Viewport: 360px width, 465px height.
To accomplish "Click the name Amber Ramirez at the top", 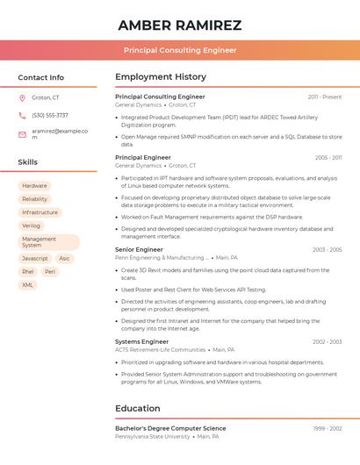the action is click(x=179, y=25).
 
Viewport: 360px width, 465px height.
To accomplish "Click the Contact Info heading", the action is click(x=40, y=77).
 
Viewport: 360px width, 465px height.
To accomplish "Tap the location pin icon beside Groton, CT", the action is click(x=22, y=97).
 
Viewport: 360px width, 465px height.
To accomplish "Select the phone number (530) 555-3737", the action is click(x=49, y=115).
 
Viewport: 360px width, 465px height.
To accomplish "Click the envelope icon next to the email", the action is click(x=22, y=134).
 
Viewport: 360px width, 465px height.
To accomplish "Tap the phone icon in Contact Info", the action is click(x=22, y=115).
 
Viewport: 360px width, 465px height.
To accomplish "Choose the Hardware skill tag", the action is click(x=34, y=186).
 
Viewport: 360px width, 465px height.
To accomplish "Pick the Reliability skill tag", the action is click(x=35, y=199).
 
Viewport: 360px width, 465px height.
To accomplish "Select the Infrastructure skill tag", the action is click(x=40, y=212).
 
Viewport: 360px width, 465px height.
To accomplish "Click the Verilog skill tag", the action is click(x=32, y=225).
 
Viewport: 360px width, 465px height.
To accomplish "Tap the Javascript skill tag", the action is click(x=35, y=259).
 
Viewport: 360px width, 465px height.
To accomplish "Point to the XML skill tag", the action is click(x=28, y=285).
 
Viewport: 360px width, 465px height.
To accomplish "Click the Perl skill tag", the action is click(x=50, y=272).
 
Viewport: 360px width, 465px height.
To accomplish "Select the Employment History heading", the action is click(x=160, y=77).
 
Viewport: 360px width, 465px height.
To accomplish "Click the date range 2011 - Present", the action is click(x=325, y=97).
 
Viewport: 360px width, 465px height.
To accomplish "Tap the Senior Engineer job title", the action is click(x=139, y=250).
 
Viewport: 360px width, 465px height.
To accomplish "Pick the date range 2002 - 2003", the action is click(x=327, y=341).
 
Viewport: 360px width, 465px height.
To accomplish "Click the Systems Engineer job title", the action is click(x=141, y=341).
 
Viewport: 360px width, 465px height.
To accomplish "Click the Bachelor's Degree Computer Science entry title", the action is click(x=170, y=428).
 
